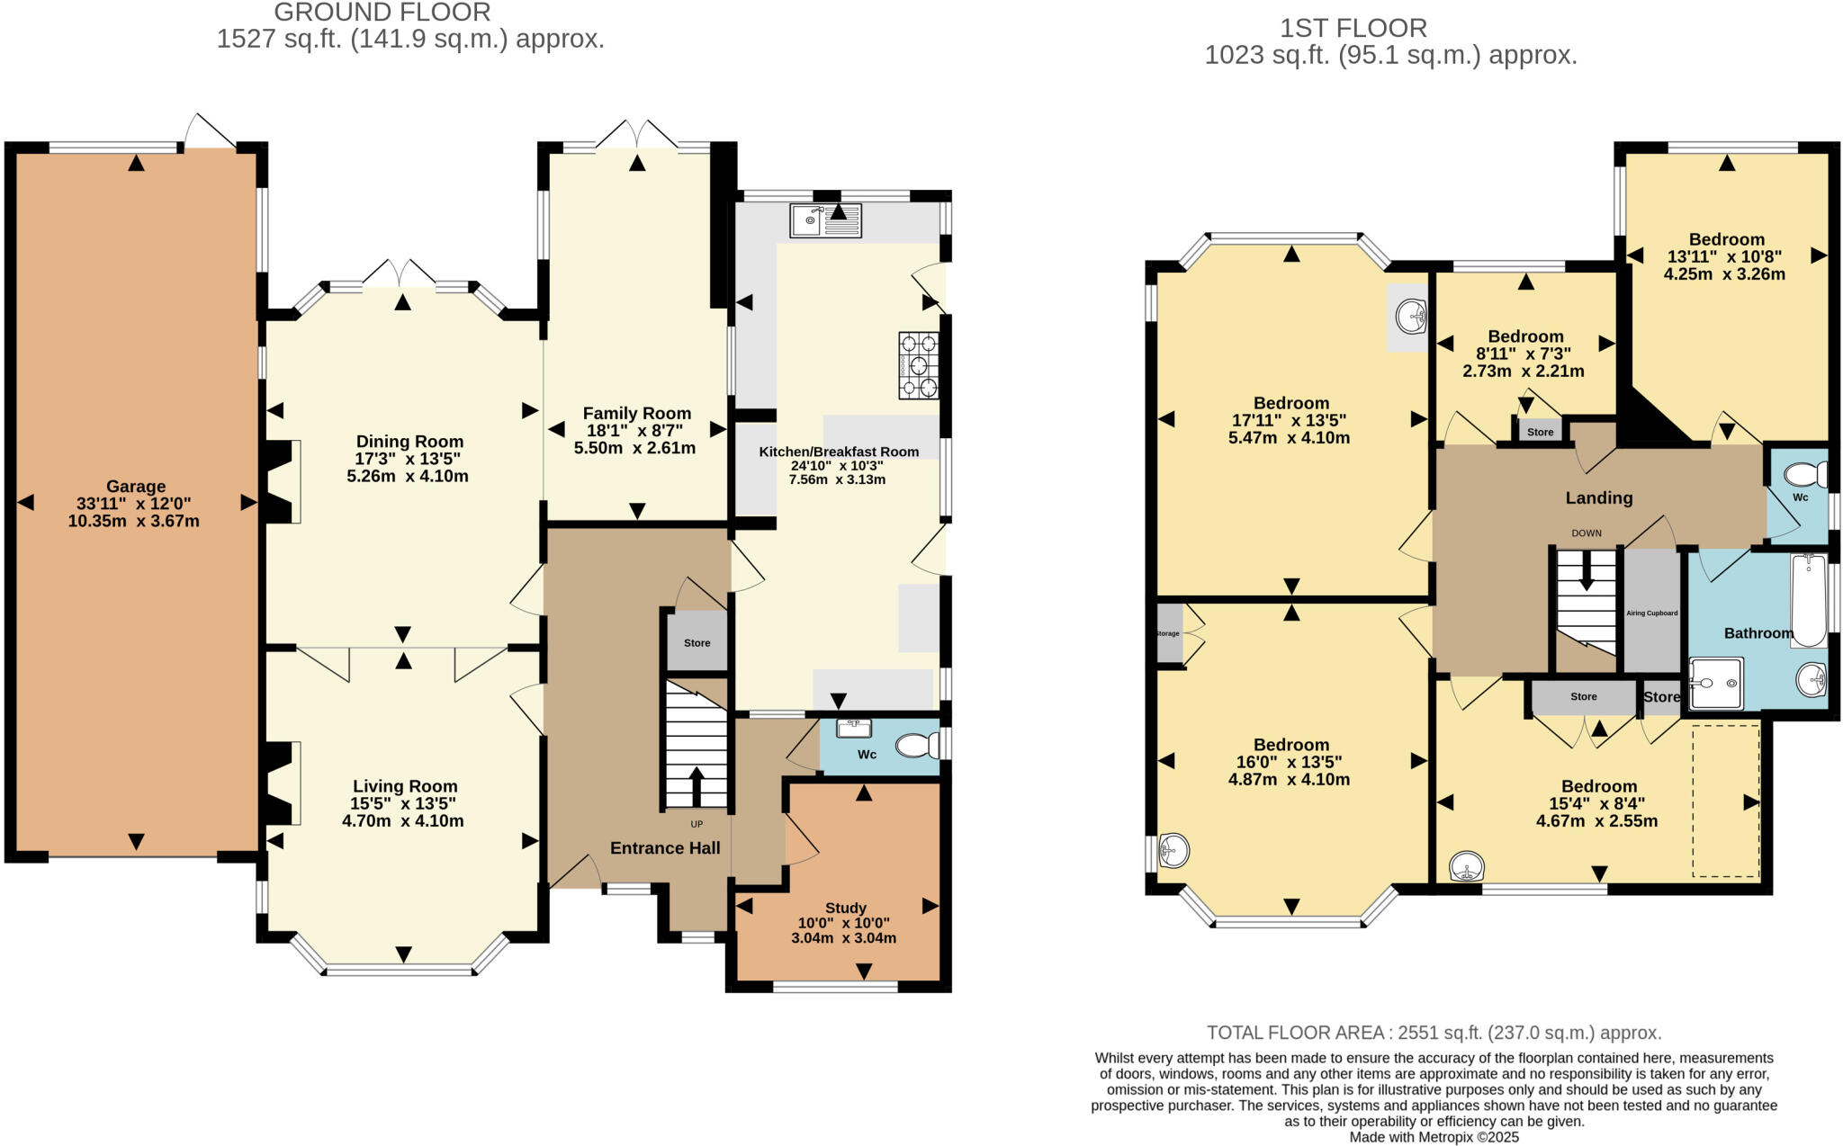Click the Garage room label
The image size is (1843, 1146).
pyautogui.click(x=136, y=487)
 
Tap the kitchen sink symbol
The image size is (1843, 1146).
pyautogui.click(x=824, y=220)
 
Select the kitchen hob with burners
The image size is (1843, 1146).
pyautogui.click(x=919, y=365)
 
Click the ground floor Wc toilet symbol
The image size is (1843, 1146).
pyautogui.click(x=917, y=745)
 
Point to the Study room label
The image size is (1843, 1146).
pyautogui.click(x=845, y=908)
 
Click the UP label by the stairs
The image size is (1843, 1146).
pyautogui.click(x=697, y=824)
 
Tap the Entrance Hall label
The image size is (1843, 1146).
pyautogui.click(x=665, y=847)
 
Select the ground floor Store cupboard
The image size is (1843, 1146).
pyautogui.click(x=697, y=642)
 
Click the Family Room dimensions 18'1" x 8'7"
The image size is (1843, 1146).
pyautogui.click(x=635, y=431)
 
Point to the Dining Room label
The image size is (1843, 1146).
pyautogui.click(x=409, y=442)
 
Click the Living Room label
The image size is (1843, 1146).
pyautogui.click(x=405, y=786)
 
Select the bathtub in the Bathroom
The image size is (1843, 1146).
pyautogui.click(x=1808, y=600)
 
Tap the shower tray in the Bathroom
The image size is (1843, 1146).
pyautogui.click(x=1715, y=684)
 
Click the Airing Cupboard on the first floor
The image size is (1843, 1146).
pyautogui.click(x=1651, y=613)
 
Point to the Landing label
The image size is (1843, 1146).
pyautogui.click(x=1598, y=497)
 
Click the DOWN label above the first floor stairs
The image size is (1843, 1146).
pyautogui.click(x=1587, y=533)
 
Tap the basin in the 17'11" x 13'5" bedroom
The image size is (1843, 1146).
pyautogui.click(x=1411, y=317)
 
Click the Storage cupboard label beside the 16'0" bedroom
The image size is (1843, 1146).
pyautogui.click(x=1167, y=634)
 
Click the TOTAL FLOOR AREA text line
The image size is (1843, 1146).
pyautogui.click(x=1434, y=1033)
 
